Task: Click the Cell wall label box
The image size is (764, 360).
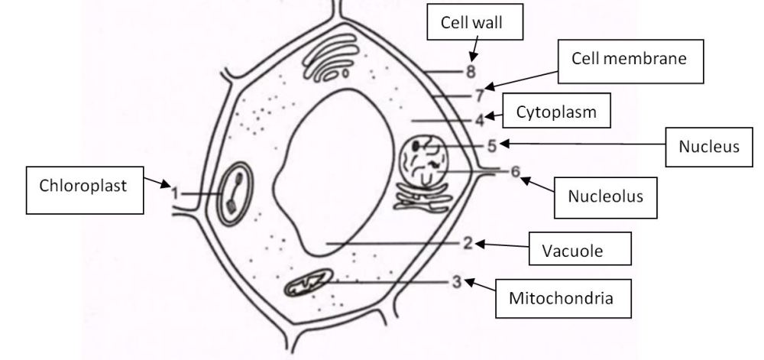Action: click(x=475, y=22)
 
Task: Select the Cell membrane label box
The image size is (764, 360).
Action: click(x=630, y=61)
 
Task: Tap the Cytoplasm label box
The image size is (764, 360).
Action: click(x=556, y=111)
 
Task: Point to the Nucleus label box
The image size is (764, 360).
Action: click(x=709, y=147)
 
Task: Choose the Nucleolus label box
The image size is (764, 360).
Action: click(x=606, y=197)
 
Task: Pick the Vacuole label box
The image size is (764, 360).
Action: click(x=580, y=248)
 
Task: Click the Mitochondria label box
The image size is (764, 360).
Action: click(x=563, y=299)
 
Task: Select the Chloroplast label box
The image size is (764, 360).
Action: click(x=85, y=190)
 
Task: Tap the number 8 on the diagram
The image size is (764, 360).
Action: click(x=470, y=72)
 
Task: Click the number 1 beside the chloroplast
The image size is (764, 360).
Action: click(x=176, y=194)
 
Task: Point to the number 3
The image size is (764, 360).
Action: click(x=457, y=282)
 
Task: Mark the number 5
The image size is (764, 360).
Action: click(x=491, y=146)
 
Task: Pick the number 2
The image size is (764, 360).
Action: click(x=468, y=242)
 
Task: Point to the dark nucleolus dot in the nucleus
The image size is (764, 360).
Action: click(x=416, y=145)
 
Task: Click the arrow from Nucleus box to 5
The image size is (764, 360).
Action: click(x=583, y=144)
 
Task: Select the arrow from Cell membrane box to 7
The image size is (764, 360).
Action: click(x=521, y=80)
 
